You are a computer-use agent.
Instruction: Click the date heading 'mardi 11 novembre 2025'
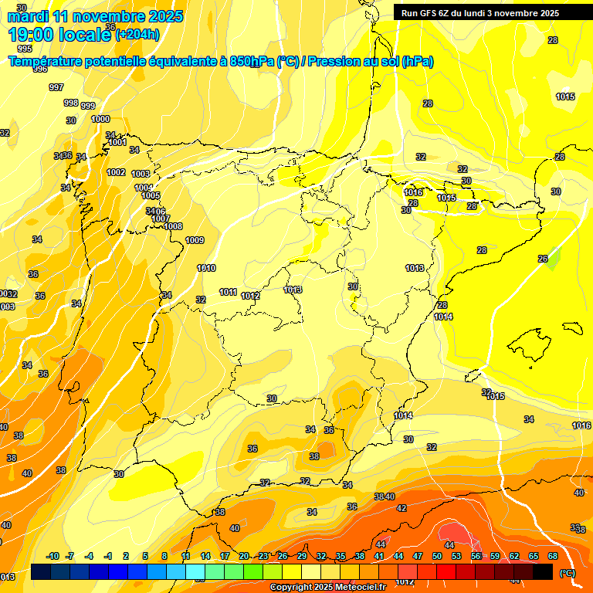pyautogui.click(x=95, y=16)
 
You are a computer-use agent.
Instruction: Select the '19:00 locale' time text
pyautogui.click(x=60, y=34)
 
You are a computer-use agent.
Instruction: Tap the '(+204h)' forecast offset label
pyautogui.click(x=137, y=34)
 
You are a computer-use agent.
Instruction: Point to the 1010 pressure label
pyautogui.click(x=206, y=268)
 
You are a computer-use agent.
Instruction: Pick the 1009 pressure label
pyautogui.click(x=195, y=240)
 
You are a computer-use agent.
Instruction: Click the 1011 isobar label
pyautogui.click(x=228, y=292)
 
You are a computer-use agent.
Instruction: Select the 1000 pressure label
pyautogui.click(x=100, y=119)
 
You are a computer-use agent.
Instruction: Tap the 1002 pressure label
pyautogui.click(x=116, y=172)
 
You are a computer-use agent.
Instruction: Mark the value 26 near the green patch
pyautogui.click(x=543, y=259)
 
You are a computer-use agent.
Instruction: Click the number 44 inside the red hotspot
pyautogui.click(x=449, y=524)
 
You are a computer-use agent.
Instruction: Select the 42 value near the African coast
pyautogui.click(x=402, y=508)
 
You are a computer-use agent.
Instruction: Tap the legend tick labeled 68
pyautogui.click(x=553, y=556)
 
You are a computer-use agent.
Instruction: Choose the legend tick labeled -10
pyautogui.click(x=53, y=556)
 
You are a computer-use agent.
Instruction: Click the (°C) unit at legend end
pyautogui.click(x=568, y=572)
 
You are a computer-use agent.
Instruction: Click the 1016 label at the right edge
pyautogui.click(x=581, y=425)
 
